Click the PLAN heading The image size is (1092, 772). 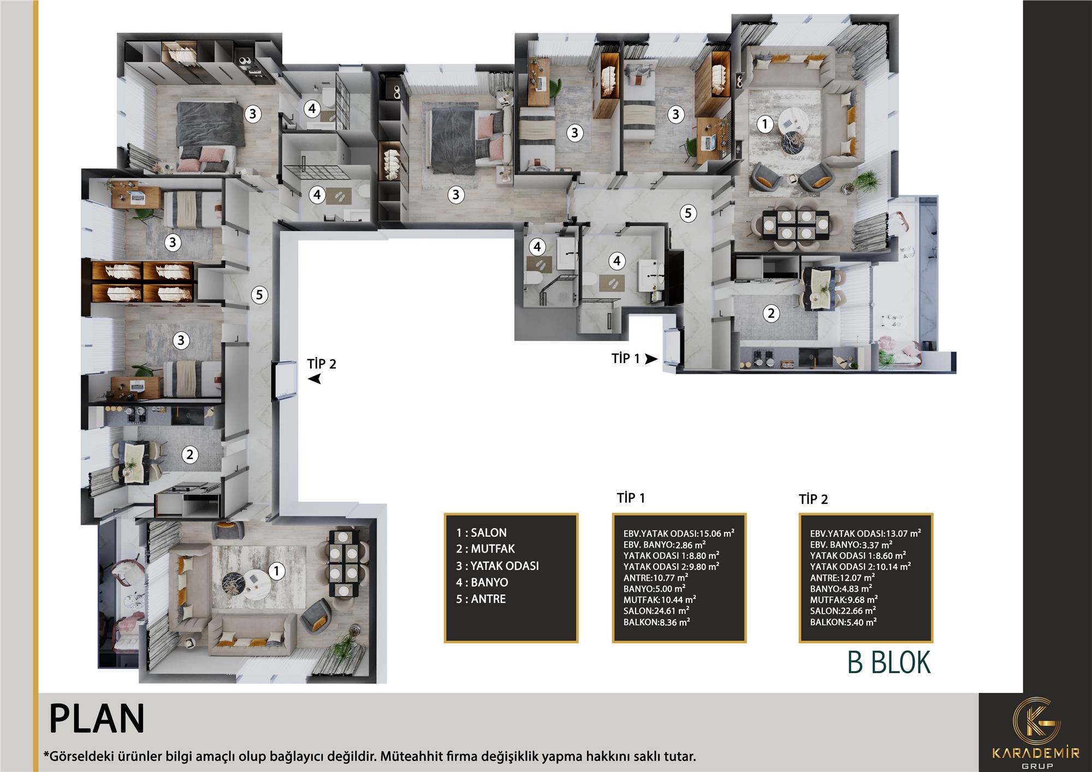coord(97,719)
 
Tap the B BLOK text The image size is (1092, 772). coord(889,662)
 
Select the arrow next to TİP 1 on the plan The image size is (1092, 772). coord(651,359)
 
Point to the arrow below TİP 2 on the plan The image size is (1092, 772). coord(314,379)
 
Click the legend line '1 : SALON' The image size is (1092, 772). coord(482,532)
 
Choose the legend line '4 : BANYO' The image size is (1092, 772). coord(482,582)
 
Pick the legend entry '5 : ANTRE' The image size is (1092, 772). coord(481,599)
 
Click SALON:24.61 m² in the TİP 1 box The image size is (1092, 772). coord(656,610)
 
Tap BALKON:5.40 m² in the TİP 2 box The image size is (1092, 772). coord(844,622)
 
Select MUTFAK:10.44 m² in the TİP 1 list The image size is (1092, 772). coord(660,599)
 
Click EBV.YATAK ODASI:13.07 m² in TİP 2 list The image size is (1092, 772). coord(865,533)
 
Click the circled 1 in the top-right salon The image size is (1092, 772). coord(765,124)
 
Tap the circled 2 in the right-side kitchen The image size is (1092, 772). coord(770,313)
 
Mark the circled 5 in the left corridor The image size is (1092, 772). coord(259,295)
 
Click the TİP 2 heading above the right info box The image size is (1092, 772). coord(814,499)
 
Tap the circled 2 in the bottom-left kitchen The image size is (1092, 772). coord(189,454)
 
